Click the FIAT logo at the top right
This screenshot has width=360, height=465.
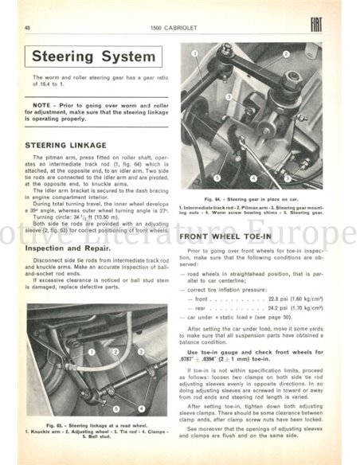[x=318, y=27]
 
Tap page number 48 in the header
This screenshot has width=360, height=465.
[x=29, y=28]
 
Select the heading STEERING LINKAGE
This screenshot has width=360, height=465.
[x=65, y=146]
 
